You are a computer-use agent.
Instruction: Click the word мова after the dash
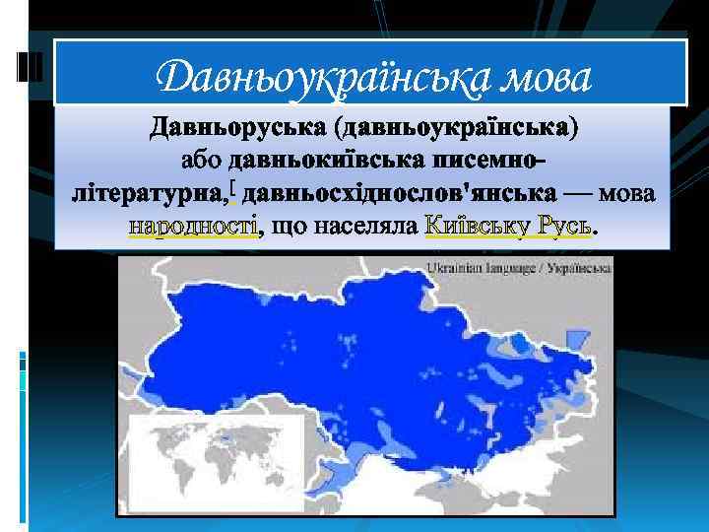coord(625,193)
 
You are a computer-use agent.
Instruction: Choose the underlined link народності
coord(193,227)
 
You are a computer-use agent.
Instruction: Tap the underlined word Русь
coord(564,227)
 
